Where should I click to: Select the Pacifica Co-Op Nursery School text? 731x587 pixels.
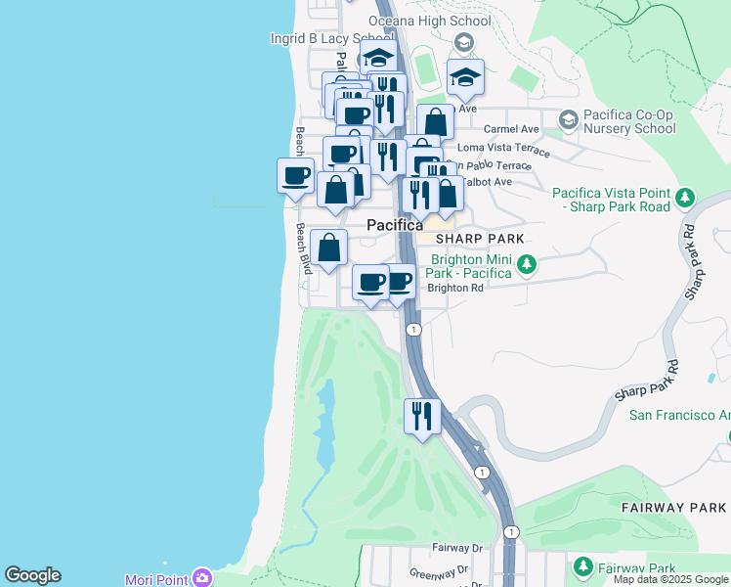[x=629, y=121]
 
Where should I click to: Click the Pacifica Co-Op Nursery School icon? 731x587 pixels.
[x=568, y=120]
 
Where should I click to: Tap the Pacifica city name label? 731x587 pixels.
[x=395, y=226]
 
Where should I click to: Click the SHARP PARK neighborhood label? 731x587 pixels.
[x=480, y=239]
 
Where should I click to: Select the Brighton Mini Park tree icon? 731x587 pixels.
[x=527, y=264]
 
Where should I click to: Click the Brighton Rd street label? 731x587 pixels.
[x=455, y=289]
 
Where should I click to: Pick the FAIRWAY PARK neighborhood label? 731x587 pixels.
[x=673, y=508]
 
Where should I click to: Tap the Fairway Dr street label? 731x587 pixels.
[x=457, y=549]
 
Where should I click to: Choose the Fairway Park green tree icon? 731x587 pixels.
[x=583, y=566]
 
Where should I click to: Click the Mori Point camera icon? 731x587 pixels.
[x=202, y=578]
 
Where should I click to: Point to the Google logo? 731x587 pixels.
[x=32, y=575]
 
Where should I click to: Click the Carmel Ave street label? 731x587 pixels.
[x=511, y=129]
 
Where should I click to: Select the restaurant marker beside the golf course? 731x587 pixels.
[x=422, y=417]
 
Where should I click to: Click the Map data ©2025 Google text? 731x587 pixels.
[x=670, y=579]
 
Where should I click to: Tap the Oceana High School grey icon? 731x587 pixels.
[x=464, y=42]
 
